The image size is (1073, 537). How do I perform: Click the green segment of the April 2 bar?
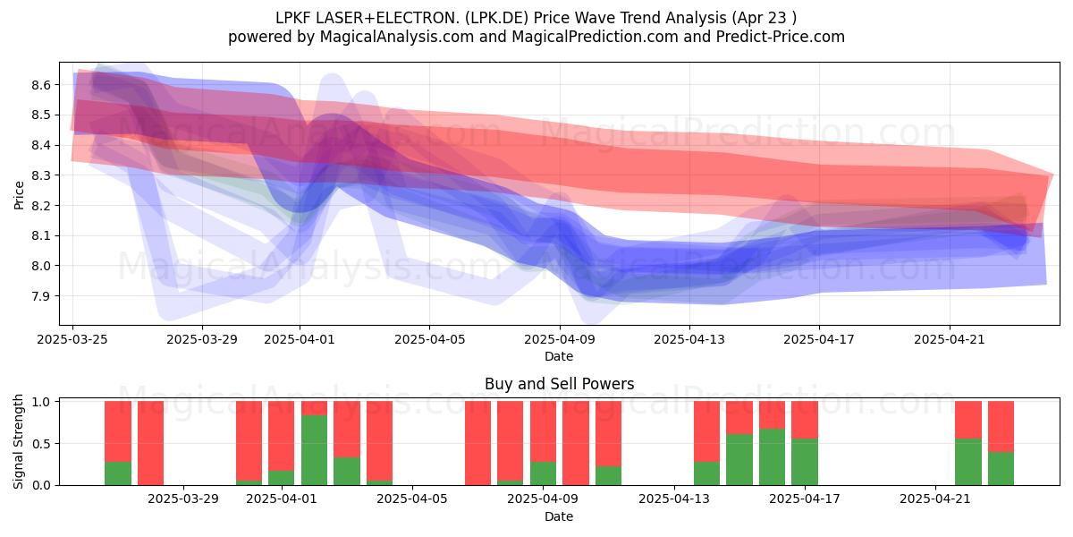(x=314, y=450)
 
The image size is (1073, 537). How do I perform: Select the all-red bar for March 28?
(x=150, y=443)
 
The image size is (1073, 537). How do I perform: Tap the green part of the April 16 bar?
(x=773, y=457)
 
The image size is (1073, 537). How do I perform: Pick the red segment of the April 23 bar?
(x=1001, y=427)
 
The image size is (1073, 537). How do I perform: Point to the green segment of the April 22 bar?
(x=968, y=462)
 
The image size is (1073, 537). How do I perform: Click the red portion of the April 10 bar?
(x=576, y=443)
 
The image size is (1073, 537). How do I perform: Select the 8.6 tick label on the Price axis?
(x=41, y=85)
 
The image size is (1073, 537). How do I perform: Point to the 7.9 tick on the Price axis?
(x=41, y=296)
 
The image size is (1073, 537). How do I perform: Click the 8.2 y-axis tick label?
(x=41, y=206)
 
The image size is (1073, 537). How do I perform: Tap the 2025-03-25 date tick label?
(x=72, y=339)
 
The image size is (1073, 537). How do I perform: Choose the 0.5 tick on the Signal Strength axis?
(x=41, y=444)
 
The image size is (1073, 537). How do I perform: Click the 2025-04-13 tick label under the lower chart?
(x=674, y=499)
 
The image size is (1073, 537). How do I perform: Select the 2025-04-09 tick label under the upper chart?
(x=560, y=339)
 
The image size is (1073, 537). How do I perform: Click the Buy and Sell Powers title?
(x=560, y=384)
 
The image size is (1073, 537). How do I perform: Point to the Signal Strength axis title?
(x=18, y=441)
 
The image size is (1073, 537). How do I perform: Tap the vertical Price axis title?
(x=19, y=195)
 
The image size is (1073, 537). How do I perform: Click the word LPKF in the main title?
(x=291, y=18)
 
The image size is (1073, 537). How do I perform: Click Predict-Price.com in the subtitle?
(x=781, y=37)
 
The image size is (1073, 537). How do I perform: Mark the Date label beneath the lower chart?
(x=559, y=516)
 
